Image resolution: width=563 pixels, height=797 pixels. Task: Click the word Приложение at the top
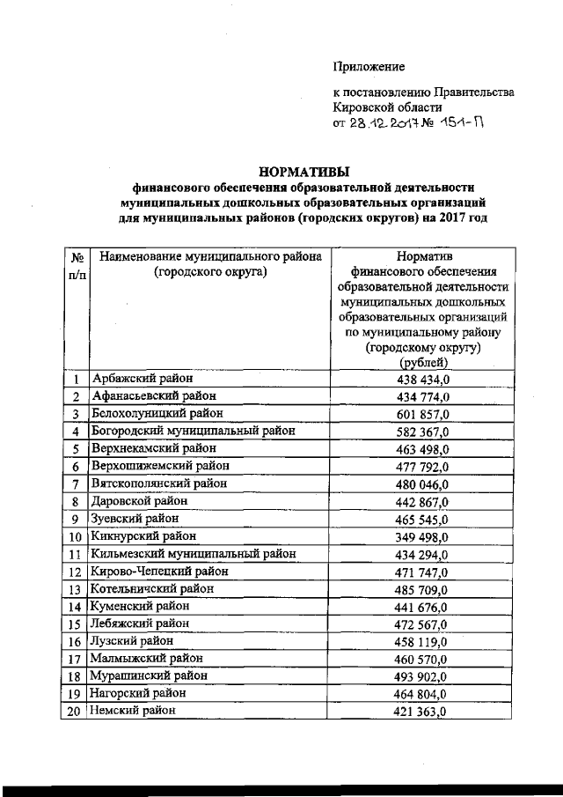(x=369, y=66)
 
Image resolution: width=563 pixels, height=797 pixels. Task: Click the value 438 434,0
(x=423, y=380)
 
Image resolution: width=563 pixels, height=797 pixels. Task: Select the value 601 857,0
(x=423, y=414)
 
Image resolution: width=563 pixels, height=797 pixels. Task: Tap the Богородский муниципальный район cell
(x=192, y=432)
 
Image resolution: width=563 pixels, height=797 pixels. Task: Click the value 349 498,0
(x=423, y=536)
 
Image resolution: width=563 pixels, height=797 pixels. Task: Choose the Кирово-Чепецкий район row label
(x=159, y=571)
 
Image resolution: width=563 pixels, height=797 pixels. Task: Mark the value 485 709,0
(x=423, y=588)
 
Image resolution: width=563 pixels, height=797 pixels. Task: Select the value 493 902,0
(x=423, y=676)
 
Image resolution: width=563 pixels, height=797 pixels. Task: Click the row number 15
(x=76, y=624)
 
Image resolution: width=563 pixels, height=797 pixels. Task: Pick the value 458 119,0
(x=423, y=641)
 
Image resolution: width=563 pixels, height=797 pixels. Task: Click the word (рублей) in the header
(x=423, y=363)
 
